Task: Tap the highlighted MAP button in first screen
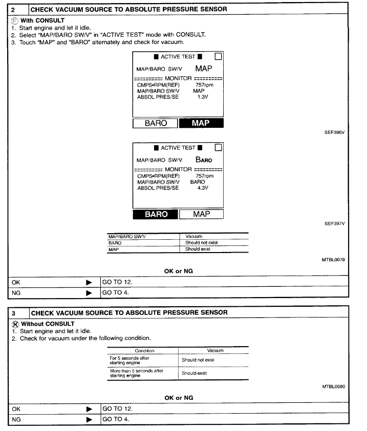201,123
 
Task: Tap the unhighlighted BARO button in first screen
156,123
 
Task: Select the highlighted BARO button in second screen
156,214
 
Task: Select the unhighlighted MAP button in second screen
201,214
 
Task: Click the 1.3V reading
202,97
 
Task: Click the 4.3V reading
202,188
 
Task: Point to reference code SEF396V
335,132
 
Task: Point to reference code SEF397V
335,223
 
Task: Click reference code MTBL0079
333,260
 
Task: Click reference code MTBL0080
333,387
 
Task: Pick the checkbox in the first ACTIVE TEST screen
219,56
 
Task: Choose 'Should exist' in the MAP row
198,249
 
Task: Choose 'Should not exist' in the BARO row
201,243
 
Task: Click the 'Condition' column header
144,351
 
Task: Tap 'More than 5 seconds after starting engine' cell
137,373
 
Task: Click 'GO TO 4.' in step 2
116,293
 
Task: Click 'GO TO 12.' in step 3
117,409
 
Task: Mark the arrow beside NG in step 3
89,420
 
